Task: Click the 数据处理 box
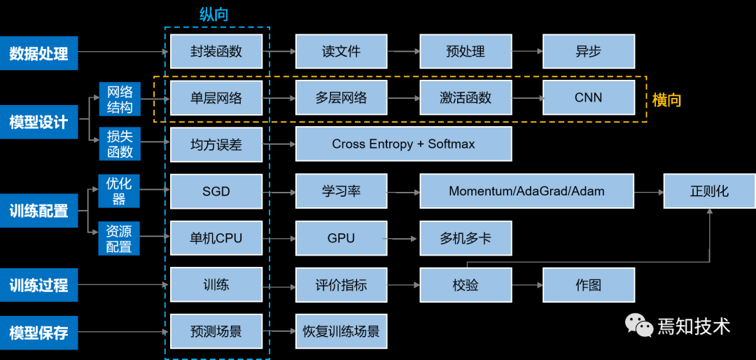[38, 53]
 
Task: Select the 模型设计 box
[38, 122]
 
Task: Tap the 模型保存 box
[38, 332]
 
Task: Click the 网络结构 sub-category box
[120, 98]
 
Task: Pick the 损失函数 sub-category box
[120, 144]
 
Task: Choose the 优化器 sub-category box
[120, 191]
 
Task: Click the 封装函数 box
[216, 51]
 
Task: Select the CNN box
[588, 97]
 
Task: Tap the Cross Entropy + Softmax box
[403, 144]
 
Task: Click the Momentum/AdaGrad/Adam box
[526, 191]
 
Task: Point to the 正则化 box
[709, 191]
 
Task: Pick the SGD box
[216, 191]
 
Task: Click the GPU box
[341, 238]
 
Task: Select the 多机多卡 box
[465, 238]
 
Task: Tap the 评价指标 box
[341, 285]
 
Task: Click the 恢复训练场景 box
[341, 331]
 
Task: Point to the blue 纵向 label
[213, 15]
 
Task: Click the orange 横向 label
[666, 99]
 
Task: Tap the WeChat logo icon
[638, 325]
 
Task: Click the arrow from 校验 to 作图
[527, 286]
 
